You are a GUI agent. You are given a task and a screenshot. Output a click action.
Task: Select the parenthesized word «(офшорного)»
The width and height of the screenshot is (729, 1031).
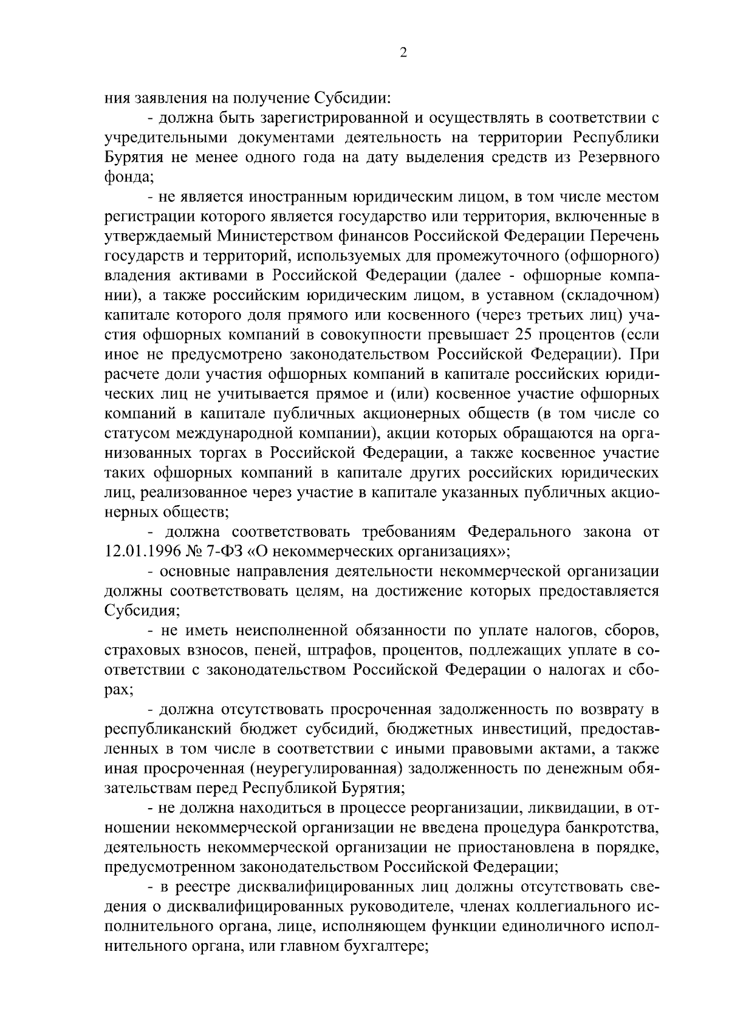point(612,256)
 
